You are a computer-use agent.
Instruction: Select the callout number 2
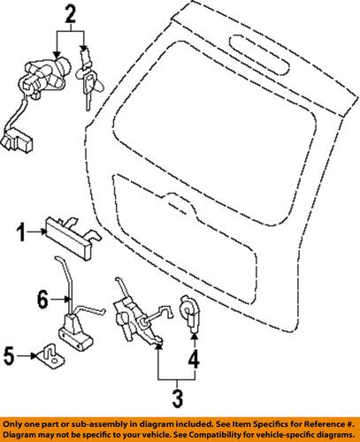(x=71, y=13)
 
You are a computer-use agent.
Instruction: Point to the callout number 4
(x=193, y=361)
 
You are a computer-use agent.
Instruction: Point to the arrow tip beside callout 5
(x=31, y=357)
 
